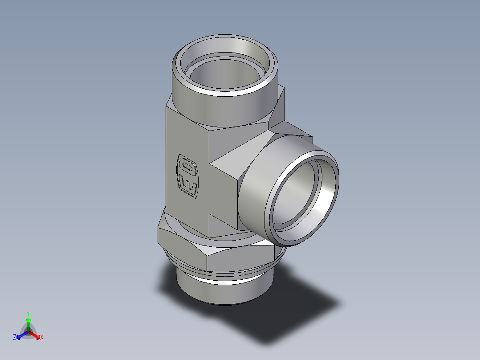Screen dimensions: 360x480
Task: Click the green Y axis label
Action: point(28,313)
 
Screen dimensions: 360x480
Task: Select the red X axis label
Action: point(42,338)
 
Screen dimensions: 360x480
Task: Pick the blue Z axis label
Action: point(15,338)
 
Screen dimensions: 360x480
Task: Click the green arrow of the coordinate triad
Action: point(28,323)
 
